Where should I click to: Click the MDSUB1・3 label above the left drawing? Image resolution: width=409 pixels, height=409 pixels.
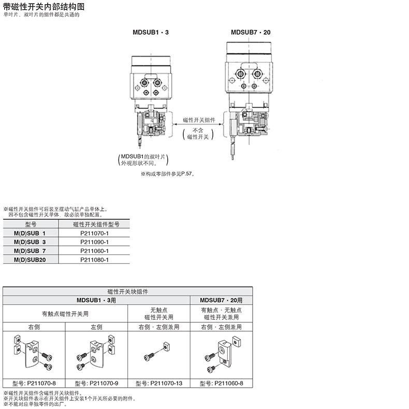[151, 32]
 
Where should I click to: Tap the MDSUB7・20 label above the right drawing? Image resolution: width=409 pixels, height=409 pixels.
[251, 32]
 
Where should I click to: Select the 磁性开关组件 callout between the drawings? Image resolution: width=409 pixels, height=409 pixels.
[199, 120]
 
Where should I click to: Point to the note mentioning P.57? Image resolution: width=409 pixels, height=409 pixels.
[167, 174]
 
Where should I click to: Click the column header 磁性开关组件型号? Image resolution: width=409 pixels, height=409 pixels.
[96, 224]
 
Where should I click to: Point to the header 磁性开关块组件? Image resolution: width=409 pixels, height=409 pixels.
[128, 292]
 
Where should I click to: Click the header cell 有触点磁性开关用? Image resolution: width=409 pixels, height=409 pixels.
[65, 313]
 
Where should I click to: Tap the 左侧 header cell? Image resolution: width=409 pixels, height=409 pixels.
[97, 327]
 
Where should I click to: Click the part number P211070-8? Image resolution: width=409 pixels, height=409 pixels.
[34, 384]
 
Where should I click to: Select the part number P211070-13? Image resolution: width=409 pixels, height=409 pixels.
[159, 384]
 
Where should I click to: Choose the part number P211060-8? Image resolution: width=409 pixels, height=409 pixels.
[222, 384]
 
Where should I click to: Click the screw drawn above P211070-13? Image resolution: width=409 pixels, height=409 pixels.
[149, 356]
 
